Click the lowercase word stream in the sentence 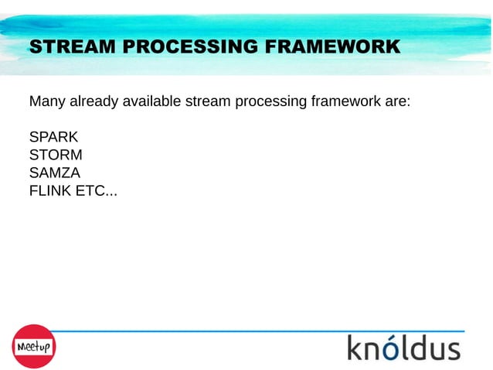point(206,101)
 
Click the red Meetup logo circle point(32,346)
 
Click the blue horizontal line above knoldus point(255,331)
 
